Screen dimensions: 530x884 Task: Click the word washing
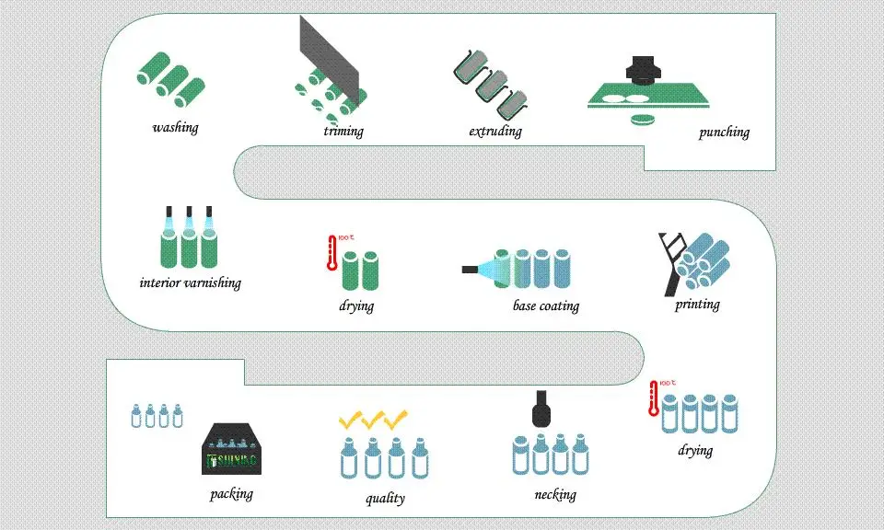coord(175,127)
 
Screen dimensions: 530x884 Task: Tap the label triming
coord(343,131)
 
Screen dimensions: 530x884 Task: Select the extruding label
coord(494,131)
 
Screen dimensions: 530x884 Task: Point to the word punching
coord(723,132)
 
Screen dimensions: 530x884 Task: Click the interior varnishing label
coord(190,282)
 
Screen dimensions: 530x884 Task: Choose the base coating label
coord(545,305)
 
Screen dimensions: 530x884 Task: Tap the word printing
coord(696,304)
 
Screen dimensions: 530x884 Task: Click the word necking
coord(554,494)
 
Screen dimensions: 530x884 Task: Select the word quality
coord(384,498)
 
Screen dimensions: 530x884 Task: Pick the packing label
coord(230,494)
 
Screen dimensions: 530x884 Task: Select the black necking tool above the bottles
coord(542,408)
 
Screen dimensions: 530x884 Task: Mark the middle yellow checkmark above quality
coord(373,421)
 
